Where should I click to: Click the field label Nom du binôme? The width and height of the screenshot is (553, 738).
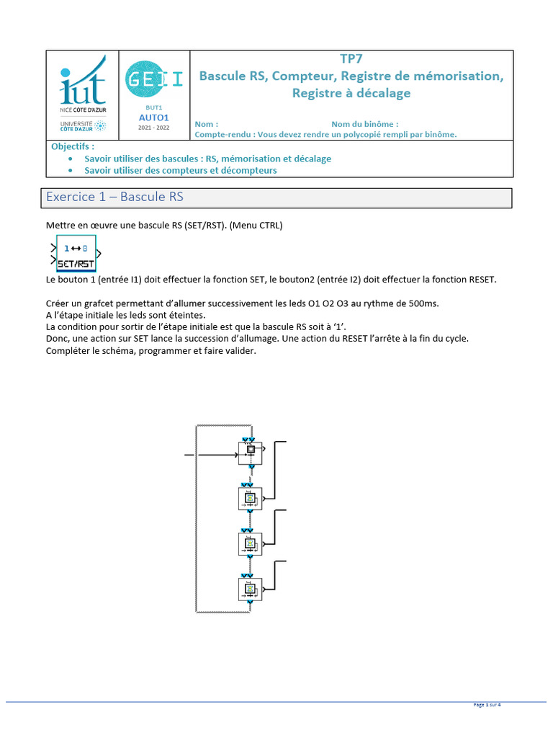[x=364, y=124]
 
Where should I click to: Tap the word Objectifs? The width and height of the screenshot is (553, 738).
[x=73, y=146]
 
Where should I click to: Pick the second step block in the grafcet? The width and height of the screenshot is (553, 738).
[x=251, y=498]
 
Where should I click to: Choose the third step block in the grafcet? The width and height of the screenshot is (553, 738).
[x=251, y=544]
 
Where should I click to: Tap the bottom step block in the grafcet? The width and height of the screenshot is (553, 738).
[x=251, y=590]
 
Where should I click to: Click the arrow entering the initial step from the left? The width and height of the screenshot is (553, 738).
[x=216, y=455]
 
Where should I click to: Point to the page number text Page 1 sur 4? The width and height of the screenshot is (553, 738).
[x=487, y=705]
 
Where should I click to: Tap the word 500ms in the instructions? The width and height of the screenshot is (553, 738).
[x=421, y=303]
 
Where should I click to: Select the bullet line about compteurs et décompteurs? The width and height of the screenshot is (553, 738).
[x=180, y=171]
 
